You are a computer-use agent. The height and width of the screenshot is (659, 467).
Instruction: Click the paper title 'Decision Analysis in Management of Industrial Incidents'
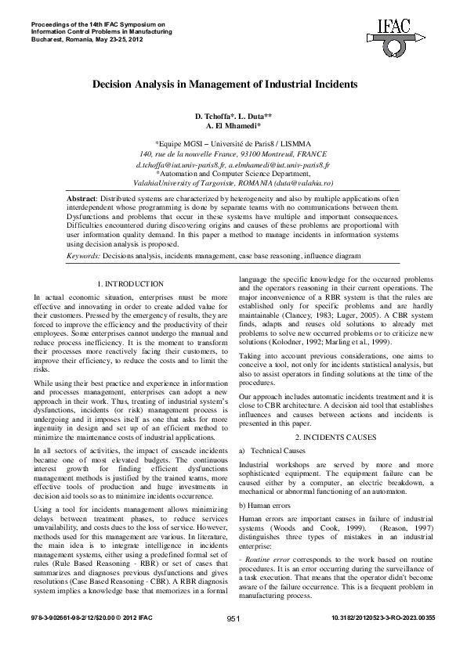point(226,82)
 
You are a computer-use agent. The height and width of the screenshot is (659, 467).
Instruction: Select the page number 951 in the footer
point(233,640)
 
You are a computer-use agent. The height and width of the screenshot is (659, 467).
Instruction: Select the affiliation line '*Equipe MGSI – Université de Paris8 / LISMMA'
point(233,145)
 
